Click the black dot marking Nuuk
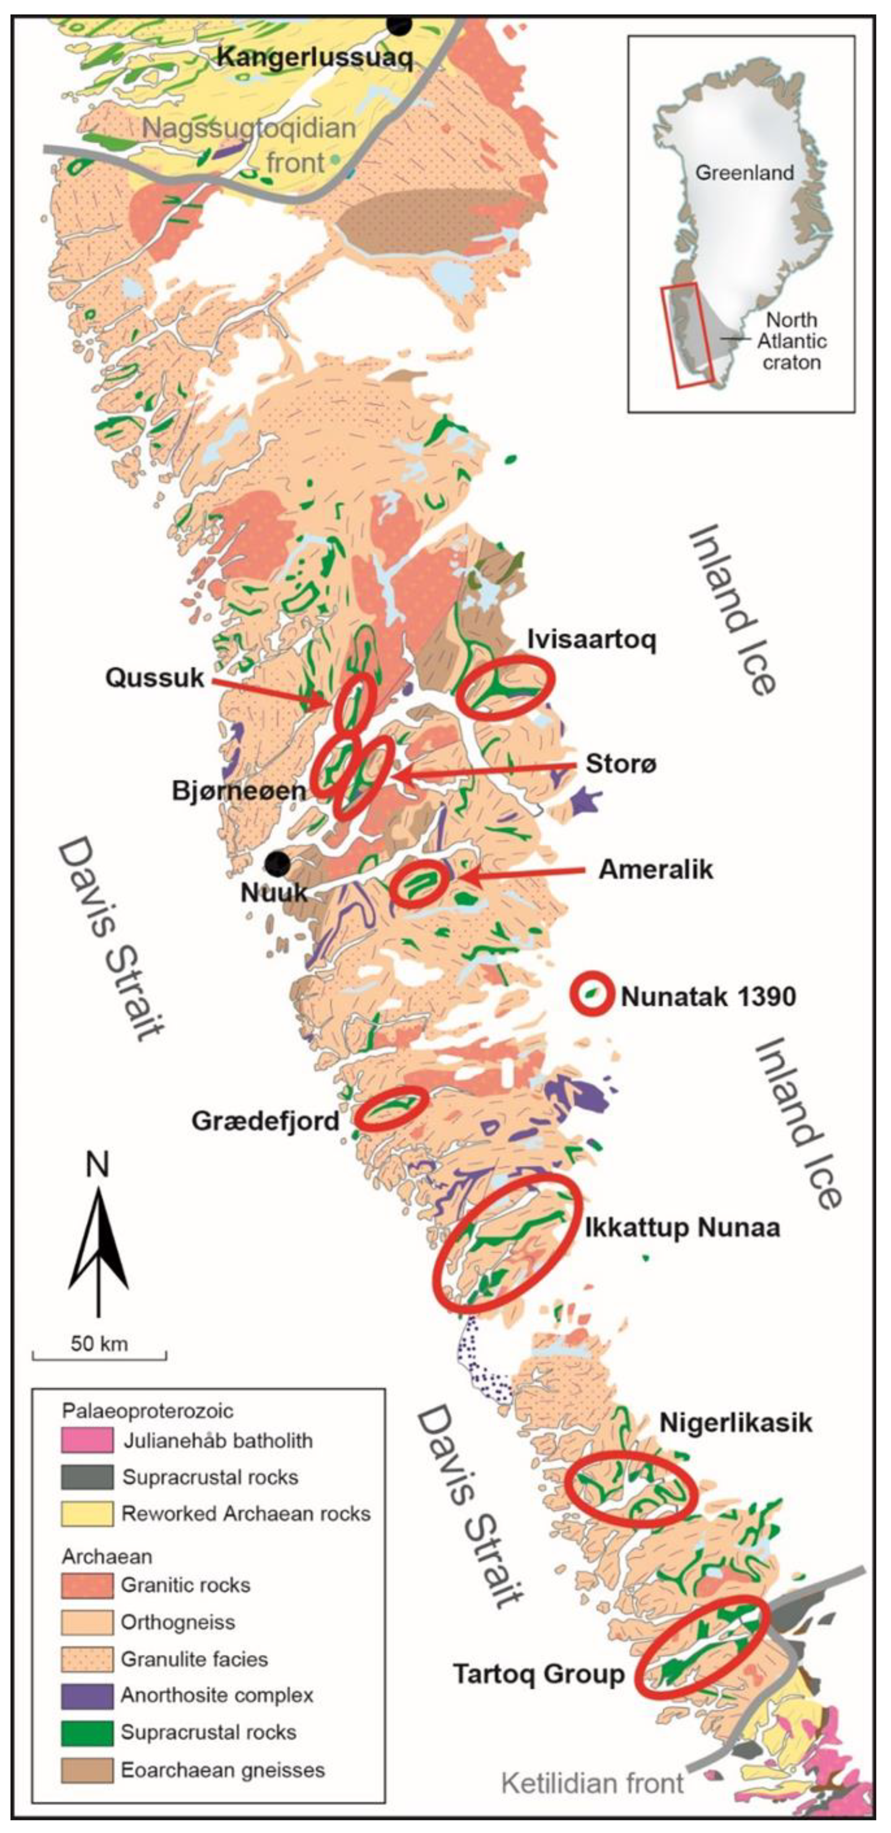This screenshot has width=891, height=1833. pos(277,864)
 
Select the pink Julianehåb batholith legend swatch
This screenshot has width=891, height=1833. pos(87,1440)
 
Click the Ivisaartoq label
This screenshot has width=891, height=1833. pos(591,640)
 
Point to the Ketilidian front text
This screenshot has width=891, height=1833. pos(592,1783)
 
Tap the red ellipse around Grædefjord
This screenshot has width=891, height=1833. pos(391,1107)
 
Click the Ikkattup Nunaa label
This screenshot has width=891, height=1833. pos(682,1227)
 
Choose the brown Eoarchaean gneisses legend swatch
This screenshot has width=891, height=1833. pos(87,1770)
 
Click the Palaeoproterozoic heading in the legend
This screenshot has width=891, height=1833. pos(147,1410)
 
